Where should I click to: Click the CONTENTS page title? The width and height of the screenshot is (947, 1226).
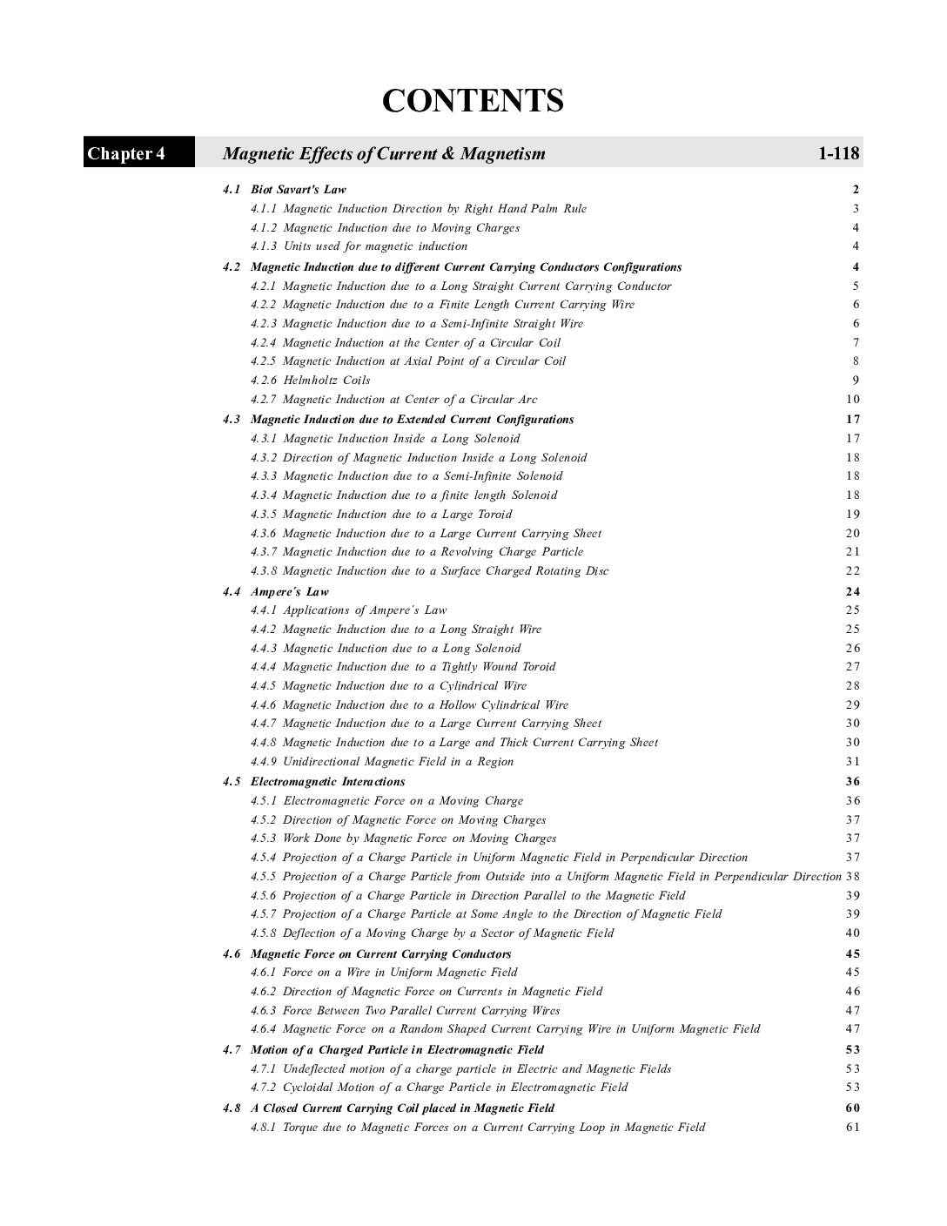pyautogui.click(x=473, y=101)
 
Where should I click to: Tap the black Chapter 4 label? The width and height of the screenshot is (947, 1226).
pyautogui.click(x=126, y=154)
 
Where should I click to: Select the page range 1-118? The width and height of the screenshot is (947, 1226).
pyautogui.click(x=838, y=154)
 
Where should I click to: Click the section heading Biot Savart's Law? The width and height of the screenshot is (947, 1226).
pyautogui.click(x=298, y=189)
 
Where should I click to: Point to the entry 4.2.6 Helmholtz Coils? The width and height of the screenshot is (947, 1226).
pyautogui.click(x=310, y=380)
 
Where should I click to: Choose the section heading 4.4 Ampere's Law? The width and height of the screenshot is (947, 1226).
pyautogui.click(x=276, y=591)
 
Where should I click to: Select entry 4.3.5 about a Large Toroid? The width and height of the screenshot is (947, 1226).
pyautogui.click(x=381, y=514)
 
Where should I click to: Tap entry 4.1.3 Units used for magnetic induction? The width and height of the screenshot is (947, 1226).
pyautogui.click(x=359, y=246)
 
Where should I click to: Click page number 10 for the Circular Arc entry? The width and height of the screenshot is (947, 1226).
pyautogui.click(x=852, y=399)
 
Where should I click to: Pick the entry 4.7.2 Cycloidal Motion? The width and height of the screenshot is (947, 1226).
pyautogui.click(x=439, y=1087)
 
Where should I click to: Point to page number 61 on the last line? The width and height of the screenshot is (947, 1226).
pyautogui.click(x=852, y=1127)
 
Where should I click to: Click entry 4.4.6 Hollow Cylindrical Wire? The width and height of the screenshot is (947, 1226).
pyautogui.click(x=409, y=704)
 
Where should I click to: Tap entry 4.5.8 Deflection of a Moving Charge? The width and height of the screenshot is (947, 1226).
pyautogui.click(x=432, y=933)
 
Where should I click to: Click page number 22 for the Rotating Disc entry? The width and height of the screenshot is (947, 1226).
pyautogui.click(x=852, y=570)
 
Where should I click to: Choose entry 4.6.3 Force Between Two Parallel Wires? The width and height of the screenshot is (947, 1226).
pyautogui.click(x=405, y=1010)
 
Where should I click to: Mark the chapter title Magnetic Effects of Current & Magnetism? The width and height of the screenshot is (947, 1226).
pyautogui.click(x=384, y=154)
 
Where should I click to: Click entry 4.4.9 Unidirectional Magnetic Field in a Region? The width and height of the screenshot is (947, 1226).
pyautogui.click(x=382, y=761)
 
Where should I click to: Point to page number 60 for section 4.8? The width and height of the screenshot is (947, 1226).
pyautogui.click(x=852, y=1108)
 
